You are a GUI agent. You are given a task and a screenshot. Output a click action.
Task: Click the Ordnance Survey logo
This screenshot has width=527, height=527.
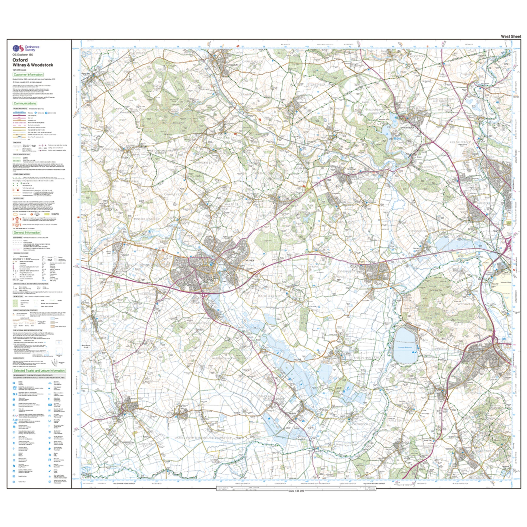[26, 48]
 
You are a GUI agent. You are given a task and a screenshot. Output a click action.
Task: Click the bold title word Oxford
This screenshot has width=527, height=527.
[20, 60]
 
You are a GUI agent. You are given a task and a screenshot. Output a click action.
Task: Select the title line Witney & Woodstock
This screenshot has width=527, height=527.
[32, 65]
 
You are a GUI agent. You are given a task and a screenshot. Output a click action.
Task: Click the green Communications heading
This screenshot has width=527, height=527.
[25, 103]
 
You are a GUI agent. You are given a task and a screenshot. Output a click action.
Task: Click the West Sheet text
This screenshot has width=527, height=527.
[511, 36]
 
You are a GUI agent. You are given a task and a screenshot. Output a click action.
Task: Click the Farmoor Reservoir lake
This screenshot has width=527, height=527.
[405, 346]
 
